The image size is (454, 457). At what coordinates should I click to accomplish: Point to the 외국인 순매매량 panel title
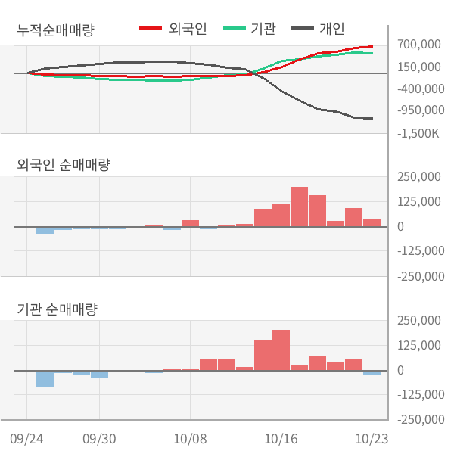click(x=63, y=164)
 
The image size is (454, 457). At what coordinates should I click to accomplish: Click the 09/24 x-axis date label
click(x=27, y=438)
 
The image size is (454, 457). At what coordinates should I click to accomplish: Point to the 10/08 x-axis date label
click(x=191, y=438)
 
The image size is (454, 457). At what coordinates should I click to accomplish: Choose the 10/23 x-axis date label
click(x=372, y=438)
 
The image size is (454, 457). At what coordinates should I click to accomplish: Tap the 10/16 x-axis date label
click(x=281, y=438)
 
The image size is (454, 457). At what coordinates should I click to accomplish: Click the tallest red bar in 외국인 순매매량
click(x=299, y=207)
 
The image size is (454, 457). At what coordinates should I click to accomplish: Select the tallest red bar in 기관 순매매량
click(x=281, y=350)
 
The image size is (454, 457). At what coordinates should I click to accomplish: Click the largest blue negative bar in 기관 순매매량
click(x=45, y=378)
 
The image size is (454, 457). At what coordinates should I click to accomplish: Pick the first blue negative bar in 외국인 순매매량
click(x=45, y=230)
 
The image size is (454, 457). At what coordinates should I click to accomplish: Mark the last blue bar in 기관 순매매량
click(x=372, y=372)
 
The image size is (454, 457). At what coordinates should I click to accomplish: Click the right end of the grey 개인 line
click(x=372, y=118)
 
